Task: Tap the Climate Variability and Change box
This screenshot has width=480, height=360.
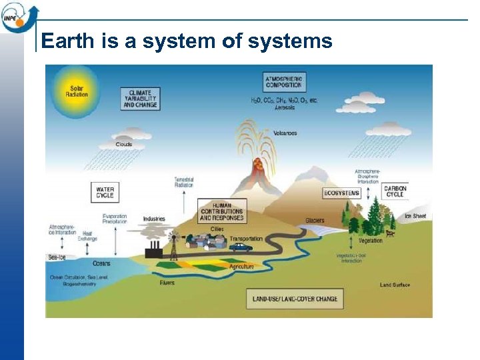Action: coord(140,98)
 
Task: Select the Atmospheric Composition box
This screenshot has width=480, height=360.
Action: coord(284,81)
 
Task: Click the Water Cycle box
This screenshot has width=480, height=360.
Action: coord(105,193)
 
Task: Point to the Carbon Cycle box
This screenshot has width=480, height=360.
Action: coord(395,191)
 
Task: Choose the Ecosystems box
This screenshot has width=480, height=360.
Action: coord(341,193)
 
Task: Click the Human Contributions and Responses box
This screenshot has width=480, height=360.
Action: coord(222,211)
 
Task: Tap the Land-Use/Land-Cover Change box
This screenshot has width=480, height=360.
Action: coord(294,299)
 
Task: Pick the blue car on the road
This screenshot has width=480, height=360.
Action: coord(242,247)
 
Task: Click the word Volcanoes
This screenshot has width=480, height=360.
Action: coord(284,133)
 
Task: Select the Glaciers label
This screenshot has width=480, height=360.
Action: coord(315,221)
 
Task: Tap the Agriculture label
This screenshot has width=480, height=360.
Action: coord(241,267)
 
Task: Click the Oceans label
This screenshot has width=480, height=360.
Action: coord(101,263)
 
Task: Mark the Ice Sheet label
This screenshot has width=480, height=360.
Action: coord(415,216)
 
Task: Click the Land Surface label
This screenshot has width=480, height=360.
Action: coord(395,285)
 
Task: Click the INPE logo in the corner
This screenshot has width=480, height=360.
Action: coord(17,16)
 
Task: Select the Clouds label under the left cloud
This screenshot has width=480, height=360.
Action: coord(124,145)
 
